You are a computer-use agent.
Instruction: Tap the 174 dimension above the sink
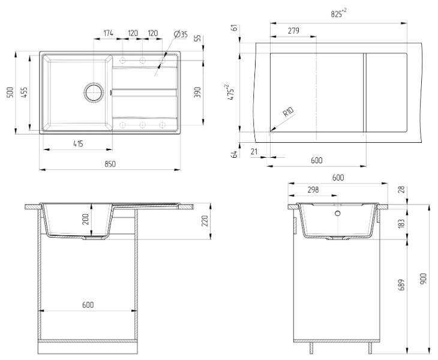108,34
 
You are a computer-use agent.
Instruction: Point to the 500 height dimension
10,92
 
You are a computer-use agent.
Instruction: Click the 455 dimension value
24,92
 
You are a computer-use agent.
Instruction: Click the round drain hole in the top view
94,92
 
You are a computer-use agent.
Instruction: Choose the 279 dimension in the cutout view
293,31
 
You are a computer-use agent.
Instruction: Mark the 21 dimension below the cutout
254,152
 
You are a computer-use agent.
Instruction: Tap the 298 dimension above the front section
313,190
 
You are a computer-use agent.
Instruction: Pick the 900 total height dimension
423,278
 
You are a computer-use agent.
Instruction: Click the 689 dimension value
401,295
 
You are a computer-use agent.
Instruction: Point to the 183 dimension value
401,223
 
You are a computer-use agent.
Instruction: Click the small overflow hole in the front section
338,213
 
